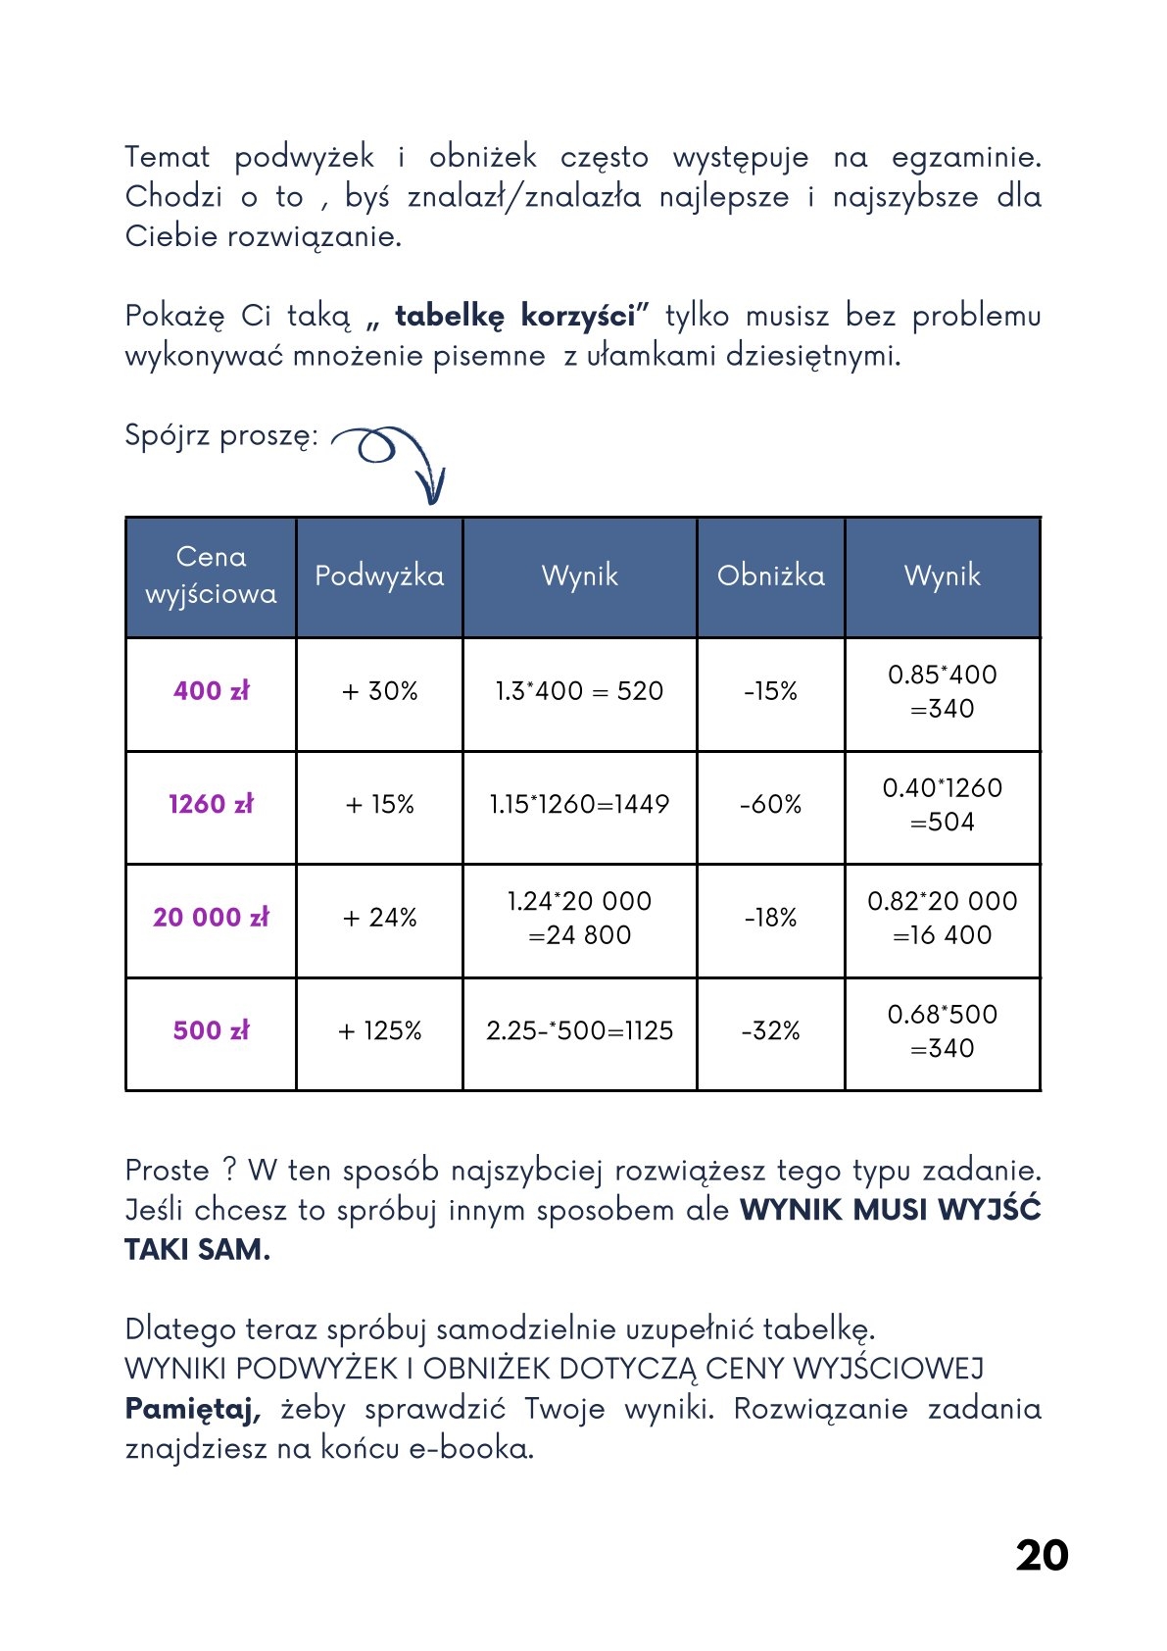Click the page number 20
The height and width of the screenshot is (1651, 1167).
[x=1042, y=1555]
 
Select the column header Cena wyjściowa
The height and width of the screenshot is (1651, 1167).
[x=211, y=575]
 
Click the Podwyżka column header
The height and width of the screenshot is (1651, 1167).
[x=379, y=575]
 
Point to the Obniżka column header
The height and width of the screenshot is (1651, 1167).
[x=770, y=575]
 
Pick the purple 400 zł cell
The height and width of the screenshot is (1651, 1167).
[x=211, y=691]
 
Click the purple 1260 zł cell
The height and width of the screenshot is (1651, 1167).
[x=211, y=804]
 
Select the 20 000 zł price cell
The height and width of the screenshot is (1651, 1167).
[x=211, y=918]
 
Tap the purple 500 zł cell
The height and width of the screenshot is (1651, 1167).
[x=211, y=1030]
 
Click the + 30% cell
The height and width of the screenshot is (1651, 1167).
[x=379, y=691]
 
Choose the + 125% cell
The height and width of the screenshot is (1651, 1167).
[x=379, y=1030]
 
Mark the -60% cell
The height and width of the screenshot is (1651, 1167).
[x=770, y=804]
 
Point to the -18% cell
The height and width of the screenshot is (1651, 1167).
[x=770, y=918]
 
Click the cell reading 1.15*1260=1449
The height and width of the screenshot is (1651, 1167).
[x=579, y=804]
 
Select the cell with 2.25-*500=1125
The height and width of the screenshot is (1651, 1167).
[x=579, y=1030]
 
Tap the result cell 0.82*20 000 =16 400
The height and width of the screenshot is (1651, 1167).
[x=942, y=918]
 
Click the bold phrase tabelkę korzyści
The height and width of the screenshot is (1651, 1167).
[x=515, y=317]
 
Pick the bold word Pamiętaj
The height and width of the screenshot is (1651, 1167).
[x=192, y=1409]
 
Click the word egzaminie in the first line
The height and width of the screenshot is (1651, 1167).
[x=965, y=158]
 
